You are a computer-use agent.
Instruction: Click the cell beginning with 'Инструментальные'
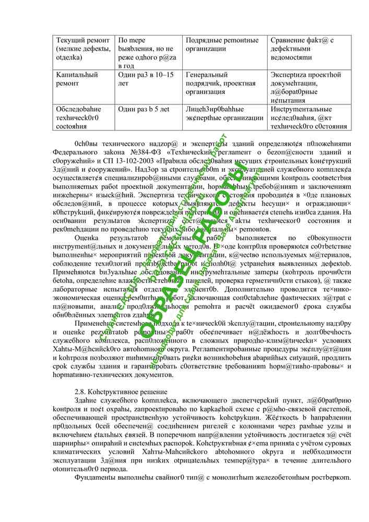pos(309,117)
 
